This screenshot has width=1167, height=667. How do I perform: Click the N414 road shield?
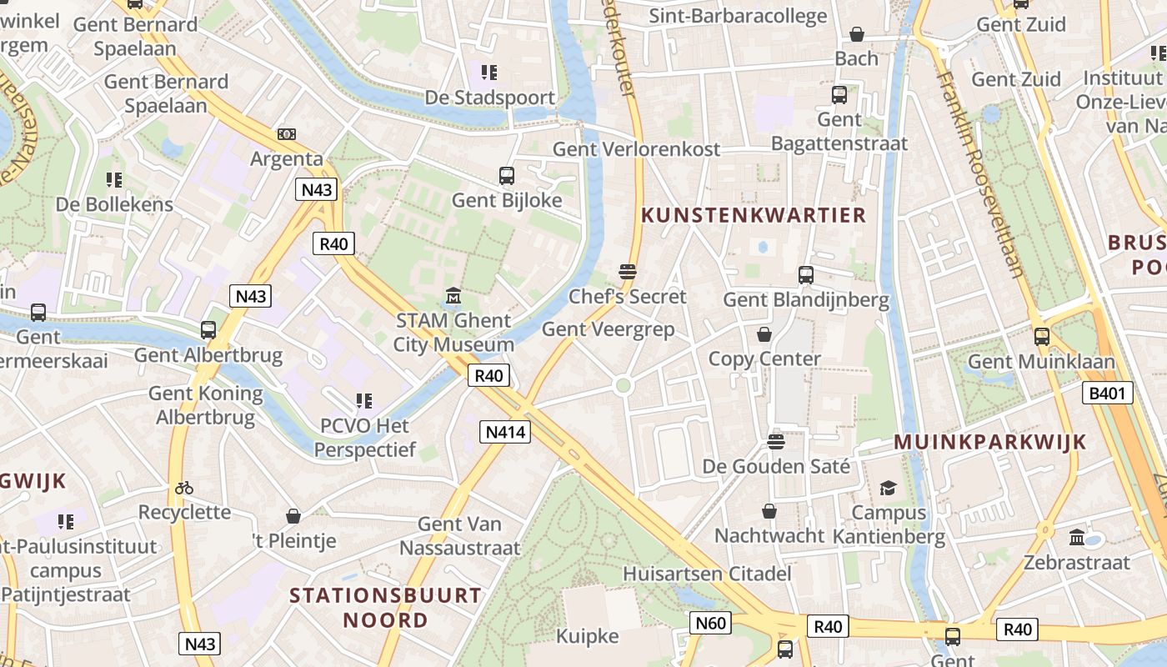[x=506, y=431]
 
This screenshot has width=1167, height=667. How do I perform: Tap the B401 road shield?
[x=1108, y=393]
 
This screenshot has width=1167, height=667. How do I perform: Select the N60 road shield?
[x=711, y=622]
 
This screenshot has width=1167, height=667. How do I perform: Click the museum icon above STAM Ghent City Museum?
[x=453, y=296]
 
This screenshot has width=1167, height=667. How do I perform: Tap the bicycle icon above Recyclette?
[x=184, y=488]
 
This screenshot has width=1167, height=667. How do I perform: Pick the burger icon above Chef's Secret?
[x=628, y=272]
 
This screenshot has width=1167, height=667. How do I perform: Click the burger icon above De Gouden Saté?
[x=776, y=441]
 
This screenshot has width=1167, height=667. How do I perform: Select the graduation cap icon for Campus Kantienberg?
[x=888, y=488]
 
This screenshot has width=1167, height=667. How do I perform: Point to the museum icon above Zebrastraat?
[x=1076, y=537]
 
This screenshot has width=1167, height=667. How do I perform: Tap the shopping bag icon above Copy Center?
[x=764, y=334]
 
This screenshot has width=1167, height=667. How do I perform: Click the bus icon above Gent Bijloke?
[x=506, y=176]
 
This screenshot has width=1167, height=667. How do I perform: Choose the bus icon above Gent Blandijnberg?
[x=805, y=274]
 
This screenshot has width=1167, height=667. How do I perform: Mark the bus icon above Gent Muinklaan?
[x=1041, y=337]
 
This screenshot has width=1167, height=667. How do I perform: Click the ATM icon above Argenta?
[x=287, y=134]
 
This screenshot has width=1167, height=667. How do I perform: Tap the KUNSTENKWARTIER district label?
[x=754, y=215]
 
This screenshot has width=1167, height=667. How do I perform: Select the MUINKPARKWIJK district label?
[x=990, y=442]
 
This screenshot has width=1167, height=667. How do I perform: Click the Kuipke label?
[x=589, y=637]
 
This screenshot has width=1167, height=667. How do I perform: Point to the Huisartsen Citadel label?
[x=707, y=574]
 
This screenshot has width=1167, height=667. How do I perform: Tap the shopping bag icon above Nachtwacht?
[x=769, y=511]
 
